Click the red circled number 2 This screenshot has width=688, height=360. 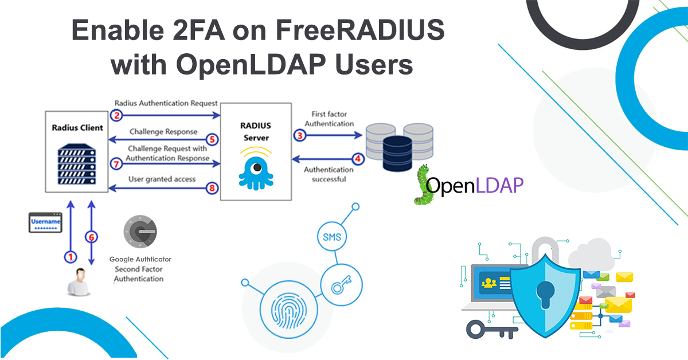(117, 115)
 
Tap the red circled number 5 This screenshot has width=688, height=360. (212, 139)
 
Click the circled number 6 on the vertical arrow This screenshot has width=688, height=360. (90, 236)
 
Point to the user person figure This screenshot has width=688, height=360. (77, 283)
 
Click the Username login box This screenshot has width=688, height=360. (45, 222)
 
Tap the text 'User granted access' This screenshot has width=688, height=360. (162, 179)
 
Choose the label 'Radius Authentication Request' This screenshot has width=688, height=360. (166, 103)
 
